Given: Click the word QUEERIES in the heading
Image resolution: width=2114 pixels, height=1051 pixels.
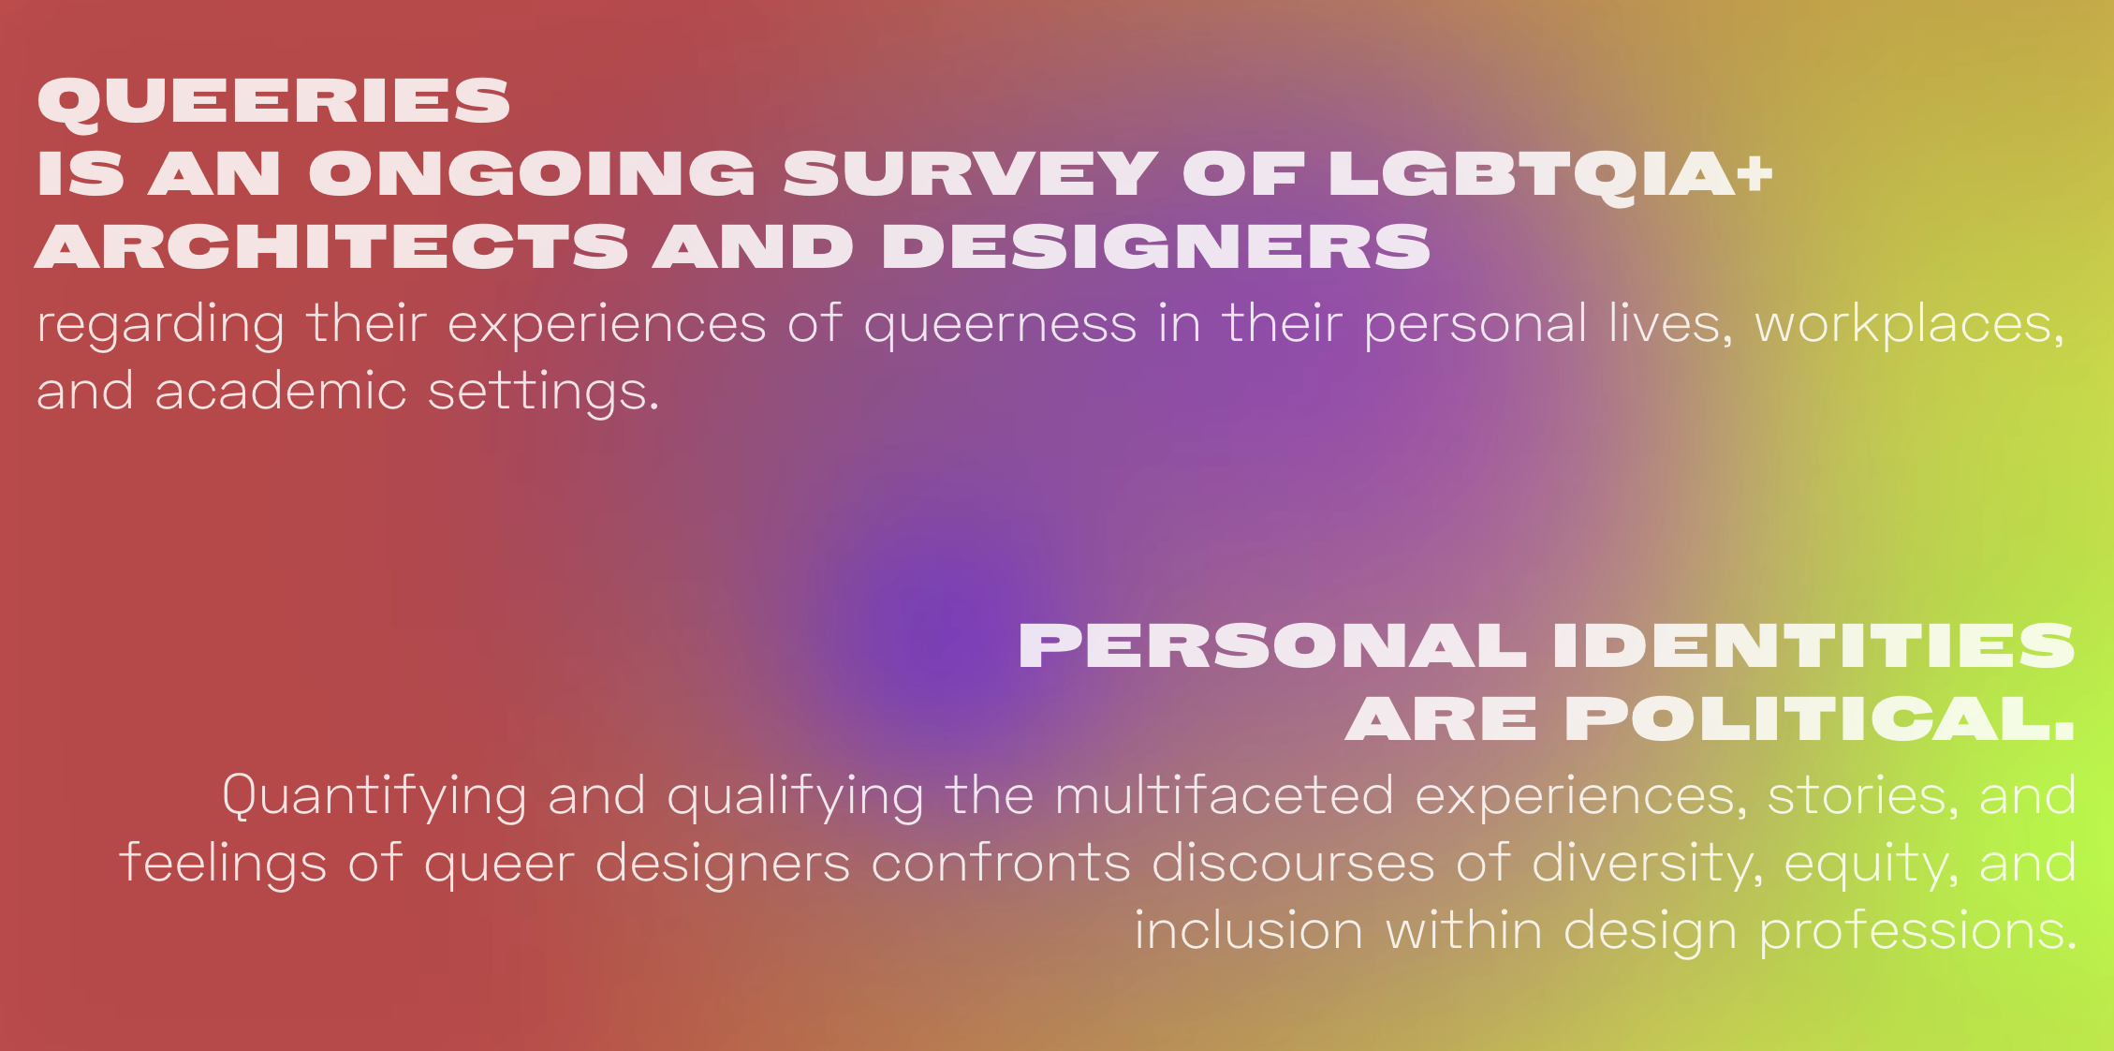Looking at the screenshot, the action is pyautogui.click(x=273, y=101).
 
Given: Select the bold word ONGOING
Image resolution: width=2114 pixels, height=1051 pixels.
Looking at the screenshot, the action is pyautogui.click(x=532, y=173).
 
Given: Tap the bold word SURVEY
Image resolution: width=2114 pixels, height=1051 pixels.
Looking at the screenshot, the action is pyautogui.click(x=971, y=173).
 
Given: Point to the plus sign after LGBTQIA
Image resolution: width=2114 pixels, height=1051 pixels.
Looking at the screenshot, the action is pyautogui.click(x=1757, y=172).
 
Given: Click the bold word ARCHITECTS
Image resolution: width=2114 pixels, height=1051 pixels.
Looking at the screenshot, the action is pyautogui.click(x=331, y=246).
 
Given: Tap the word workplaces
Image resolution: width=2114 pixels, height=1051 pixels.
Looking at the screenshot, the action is pyautogui.click(x=1910, y=324).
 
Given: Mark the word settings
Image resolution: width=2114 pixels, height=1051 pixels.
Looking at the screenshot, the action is pyautogui.click(x=544, y=392).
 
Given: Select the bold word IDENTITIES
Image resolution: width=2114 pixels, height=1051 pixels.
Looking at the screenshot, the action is pyautogui.click(x=1814, y=646).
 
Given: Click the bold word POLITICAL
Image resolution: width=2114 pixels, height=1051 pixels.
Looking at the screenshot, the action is pyautogui.click(x=1820, y=719).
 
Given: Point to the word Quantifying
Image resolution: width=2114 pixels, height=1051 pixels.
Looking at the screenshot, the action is pyautogui.click(x=374, y=797).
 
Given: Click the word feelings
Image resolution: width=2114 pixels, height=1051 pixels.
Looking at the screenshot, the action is pyautogui.click(x=223, y=864).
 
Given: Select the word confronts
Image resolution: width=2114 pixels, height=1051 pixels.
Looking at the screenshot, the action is pyautogui.click(x=1001, y=863).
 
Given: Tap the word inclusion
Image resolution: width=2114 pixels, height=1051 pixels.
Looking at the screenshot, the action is pyautogui.click(x=1249, y=930).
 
